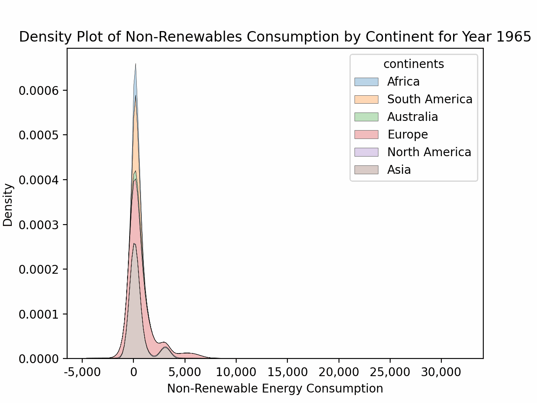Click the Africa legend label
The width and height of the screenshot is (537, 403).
tap(403, 81)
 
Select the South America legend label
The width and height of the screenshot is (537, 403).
tap(430, 99)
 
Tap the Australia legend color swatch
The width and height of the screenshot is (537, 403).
tap(366, 117)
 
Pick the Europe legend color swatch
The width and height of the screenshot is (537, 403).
tap(366, 134)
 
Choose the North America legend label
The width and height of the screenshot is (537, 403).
tap(429, 152)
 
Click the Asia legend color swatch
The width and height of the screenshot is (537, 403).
tap(366, 170)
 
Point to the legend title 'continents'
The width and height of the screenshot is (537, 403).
tap(413, 64)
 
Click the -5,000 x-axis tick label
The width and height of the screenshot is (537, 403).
tap(82, 372)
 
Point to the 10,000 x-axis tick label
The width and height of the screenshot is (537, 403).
tap(236, 372)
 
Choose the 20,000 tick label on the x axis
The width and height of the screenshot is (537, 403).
tap(339, 372)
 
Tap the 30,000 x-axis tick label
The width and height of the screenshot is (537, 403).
tap(441, 372)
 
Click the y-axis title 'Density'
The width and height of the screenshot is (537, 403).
tap(8, 205)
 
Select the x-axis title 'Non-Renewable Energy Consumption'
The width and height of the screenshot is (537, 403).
tap(275, 389)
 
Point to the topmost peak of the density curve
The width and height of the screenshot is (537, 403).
tap(136, 64)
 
